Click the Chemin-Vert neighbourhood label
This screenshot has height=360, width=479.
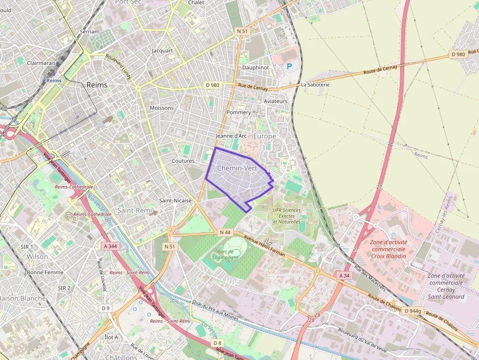click(237, 168)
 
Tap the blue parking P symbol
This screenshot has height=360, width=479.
click(289, 66)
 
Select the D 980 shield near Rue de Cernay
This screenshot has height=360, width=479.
click(213, 85)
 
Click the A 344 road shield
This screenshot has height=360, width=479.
click(110, 246)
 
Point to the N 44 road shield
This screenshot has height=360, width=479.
click(225, 233)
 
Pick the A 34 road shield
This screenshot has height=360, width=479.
click(344, 276)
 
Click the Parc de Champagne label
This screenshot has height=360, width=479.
click(225, 254)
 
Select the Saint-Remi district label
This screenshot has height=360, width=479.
click(135, 210)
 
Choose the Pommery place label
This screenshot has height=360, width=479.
click(239, 112)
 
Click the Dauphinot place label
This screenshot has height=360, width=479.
click(256, 67)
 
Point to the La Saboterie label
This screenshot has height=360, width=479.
click(315, 85)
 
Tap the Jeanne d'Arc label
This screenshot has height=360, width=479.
click(230, 136)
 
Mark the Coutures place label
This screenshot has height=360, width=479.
click(183, 161)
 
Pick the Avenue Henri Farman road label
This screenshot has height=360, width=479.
click(264, 247)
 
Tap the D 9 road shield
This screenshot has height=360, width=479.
click(106, 308)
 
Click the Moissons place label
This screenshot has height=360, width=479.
click(161, 108)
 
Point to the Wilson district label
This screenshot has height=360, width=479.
click(38, 256)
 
